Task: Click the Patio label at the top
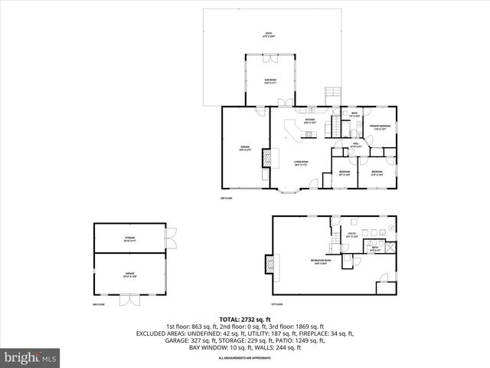click(268, 34)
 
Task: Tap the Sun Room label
click(271, 80)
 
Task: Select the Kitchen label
click(310, 121)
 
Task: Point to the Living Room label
click(300, 163)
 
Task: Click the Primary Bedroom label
click(381, 127)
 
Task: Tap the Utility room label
click(352, 235)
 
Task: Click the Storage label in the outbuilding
click(129, 239)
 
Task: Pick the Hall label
click(357, 145)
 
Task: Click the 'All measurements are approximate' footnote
click(244, 358)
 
